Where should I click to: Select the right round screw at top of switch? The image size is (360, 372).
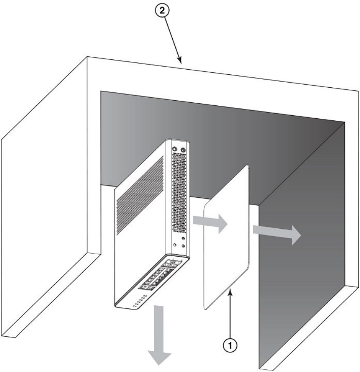(x=183, y=151)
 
